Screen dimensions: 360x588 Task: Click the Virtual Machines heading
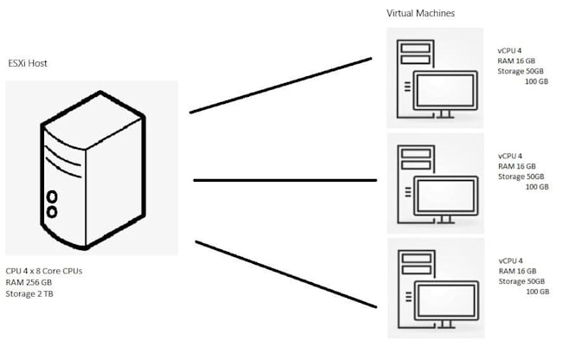tap(420, 14)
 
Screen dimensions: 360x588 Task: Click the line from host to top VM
tap(281, 85)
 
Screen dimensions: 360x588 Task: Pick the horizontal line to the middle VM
tap(285, 180)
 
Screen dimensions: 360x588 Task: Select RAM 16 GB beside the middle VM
tap(517, 165)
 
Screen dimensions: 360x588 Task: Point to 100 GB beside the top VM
tap(537, 81)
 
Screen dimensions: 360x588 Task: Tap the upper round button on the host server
tap(52, 196)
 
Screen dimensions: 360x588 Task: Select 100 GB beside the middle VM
tap(537, 186)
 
